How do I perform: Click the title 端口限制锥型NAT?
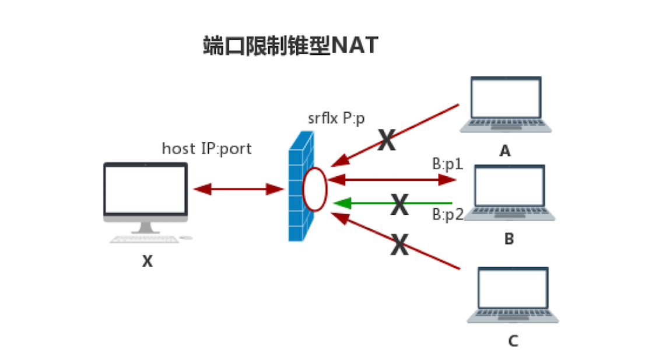click(x=290, y=46)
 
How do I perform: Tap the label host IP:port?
click(x=206, y=148)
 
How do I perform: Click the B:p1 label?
click(x=448, y=164)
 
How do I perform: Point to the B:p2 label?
click(x=448, y=214)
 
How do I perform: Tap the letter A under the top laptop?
click(x=505, y=151)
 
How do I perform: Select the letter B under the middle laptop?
click(x=509, y=239)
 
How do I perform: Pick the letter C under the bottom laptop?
click(x=513, y=341)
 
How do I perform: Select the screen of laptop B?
click(x=509, y=187)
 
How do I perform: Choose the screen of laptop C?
click(x=513, y=289)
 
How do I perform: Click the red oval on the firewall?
click(x=314, y=189)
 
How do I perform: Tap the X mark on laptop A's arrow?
click(x=387, y=141)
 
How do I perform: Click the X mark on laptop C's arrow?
click(x=399, y=246)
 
